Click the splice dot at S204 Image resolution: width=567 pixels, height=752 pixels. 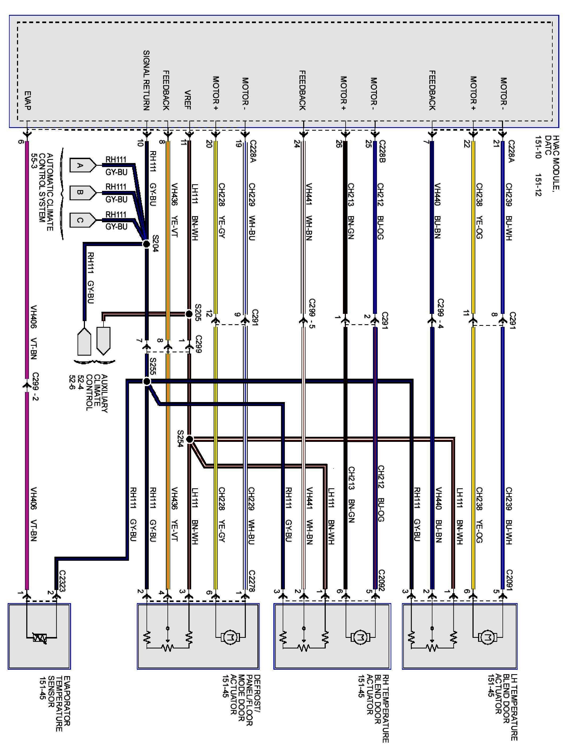[146, 244]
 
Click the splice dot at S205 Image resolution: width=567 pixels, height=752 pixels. [189, 313]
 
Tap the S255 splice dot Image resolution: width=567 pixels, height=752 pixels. [147, 381]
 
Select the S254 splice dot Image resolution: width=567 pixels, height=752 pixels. [190, 439]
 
